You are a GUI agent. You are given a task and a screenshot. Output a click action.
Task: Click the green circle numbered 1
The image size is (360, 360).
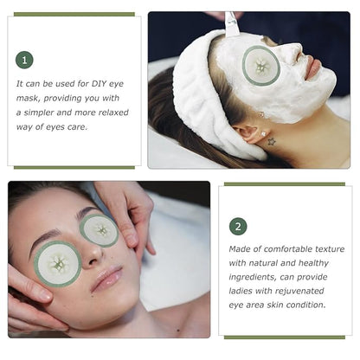coord(24,60)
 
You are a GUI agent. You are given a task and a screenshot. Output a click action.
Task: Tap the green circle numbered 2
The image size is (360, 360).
coord(238,227)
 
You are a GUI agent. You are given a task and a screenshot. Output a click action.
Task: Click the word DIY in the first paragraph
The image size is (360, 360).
coord(99,84)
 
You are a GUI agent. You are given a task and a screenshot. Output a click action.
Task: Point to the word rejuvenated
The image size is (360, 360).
coord(299,291)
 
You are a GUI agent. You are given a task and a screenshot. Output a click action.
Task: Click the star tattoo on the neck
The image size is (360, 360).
coord(271,141)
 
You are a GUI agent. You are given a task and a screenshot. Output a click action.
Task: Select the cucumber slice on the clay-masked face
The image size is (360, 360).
coord(261,66)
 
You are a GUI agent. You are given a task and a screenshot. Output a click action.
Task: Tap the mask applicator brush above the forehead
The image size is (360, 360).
coord(232,25)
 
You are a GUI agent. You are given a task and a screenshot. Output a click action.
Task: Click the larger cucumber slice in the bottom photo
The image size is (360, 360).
coord(58,264)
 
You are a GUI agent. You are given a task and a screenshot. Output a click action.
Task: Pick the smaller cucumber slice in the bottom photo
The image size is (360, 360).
coord(100,230)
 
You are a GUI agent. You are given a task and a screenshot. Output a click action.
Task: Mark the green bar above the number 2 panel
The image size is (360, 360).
coord(285,184)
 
